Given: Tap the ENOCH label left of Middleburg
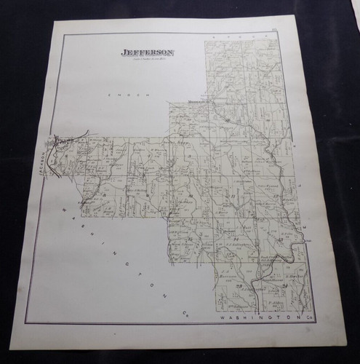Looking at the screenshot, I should pos(116,95).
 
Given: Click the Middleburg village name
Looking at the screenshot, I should pos(199,103).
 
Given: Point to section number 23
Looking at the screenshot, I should pos(239,290).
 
